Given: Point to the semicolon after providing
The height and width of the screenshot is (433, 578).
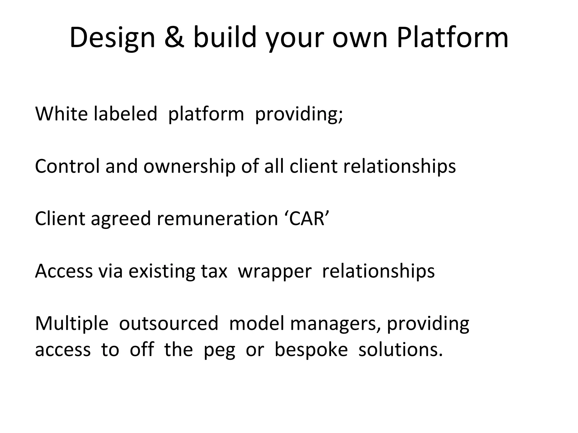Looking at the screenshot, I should [340, 116].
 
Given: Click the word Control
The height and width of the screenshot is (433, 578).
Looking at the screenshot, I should [67, 166].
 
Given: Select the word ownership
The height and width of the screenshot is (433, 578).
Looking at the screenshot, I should [189, 166].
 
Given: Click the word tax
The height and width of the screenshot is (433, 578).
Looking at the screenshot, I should [214, 271].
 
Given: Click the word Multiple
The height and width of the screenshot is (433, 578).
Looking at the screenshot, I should [72, 323].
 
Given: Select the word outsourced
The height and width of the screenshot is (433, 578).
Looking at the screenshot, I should [168, 323].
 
